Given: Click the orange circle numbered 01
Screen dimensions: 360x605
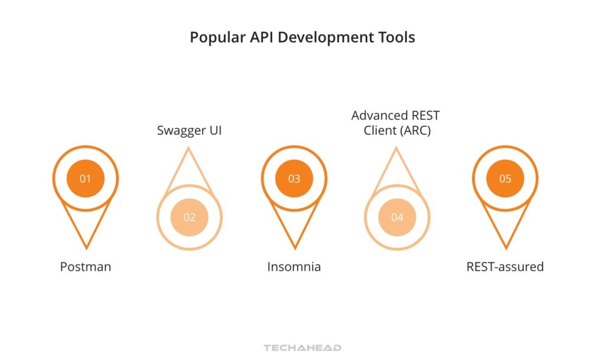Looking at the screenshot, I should click(86, 178).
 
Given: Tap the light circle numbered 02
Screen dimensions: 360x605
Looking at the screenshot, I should click(189, 217).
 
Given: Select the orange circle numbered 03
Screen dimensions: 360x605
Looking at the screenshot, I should click(294, 178).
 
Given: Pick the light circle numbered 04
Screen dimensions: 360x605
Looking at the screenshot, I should click(397, 217).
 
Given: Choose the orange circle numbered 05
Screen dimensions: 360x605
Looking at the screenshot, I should click(505, 178).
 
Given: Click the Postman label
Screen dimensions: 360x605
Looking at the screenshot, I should click(86, 267).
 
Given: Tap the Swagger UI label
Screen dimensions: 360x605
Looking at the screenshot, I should click(189, 130).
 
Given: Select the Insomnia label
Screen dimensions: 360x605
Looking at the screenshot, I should click(294, 267).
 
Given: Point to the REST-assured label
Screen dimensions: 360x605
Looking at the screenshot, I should click(505, 267).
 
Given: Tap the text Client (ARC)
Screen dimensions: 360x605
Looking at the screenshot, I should click(397, 131).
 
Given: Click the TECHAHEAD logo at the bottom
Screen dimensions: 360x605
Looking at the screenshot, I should click(302, 348).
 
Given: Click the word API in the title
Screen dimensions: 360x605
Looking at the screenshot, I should click(259, 37).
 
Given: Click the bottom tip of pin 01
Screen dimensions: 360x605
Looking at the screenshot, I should click(86, 247).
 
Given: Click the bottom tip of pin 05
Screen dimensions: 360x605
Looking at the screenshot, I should click(506, 247).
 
